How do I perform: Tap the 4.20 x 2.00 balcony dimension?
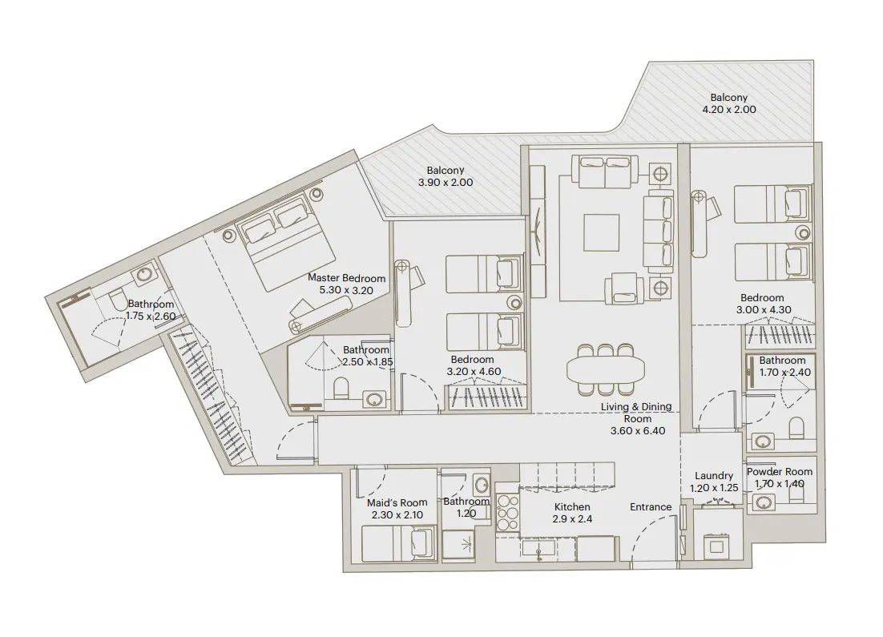click(728, 110)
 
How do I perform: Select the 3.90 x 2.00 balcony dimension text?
click(446, 183)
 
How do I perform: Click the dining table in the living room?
click(605, 369)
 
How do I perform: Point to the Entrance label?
click(650, 507)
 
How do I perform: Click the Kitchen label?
click(572, 507)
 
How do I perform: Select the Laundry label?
click(714, 476)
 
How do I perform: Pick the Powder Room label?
click(780, 472)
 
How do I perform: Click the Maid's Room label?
click(391, 503)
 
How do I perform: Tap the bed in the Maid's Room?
click(398, 543)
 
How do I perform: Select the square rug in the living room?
click(601, 234)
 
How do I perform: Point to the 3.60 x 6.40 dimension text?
click(638, 430)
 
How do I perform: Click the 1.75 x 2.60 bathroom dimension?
click(151, 316)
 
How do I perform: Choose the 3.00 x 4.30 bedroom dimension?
click(764, 309)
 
